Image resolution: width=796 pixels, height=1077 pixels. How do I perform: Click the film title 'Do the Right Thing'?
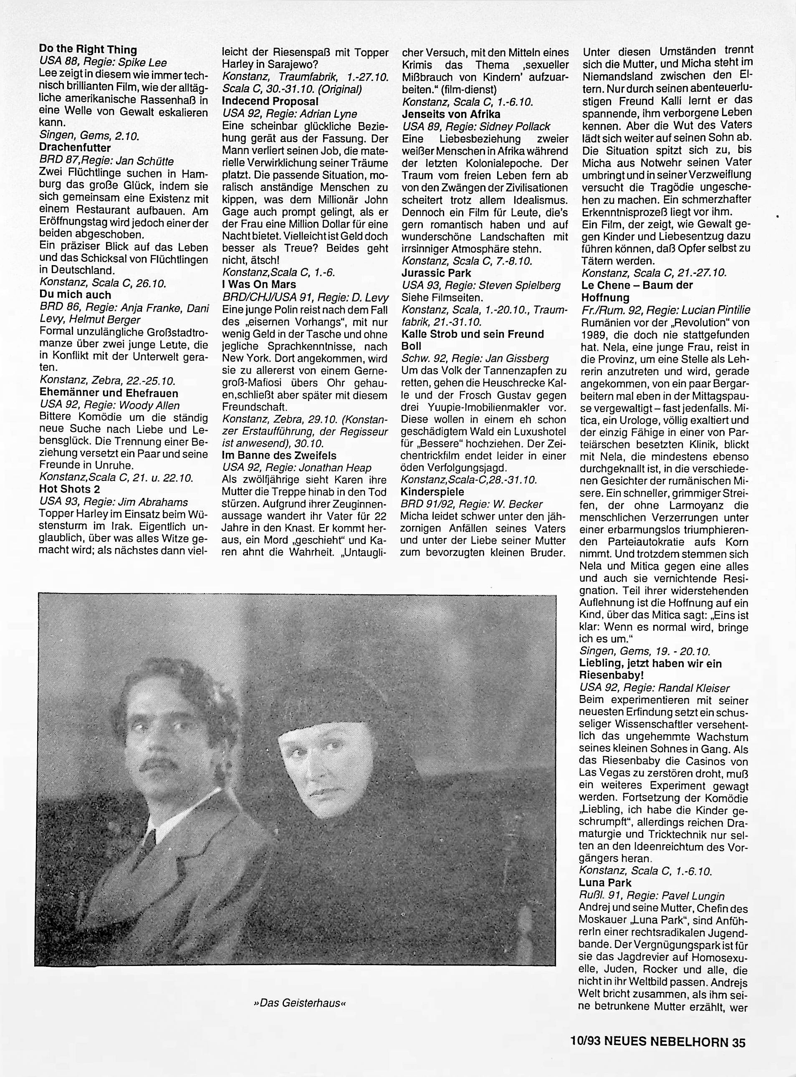tap(88, 50)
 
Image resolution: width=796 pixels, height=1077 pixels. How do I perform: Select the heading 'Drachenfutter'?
tap(75, 148)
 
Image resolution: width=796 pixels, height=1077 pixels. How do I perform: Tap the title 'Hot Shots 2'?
tap(69, 490)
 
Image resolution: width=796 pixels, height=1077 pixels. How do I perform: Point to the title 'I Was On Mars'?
tap(259, 285)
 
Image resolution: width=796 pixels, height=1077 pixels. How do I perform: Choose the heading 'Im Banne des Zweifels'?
tap(279, 455)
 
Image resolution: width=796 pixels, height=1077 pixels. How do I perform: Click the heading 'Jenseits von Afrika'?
tap(451, 114)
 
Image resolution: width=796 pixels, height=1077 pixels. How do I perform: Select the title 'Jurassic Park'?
tap(437, 273)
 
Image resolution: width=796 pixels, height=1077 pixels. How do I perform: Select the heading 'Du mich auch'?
tap(75, 295)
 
